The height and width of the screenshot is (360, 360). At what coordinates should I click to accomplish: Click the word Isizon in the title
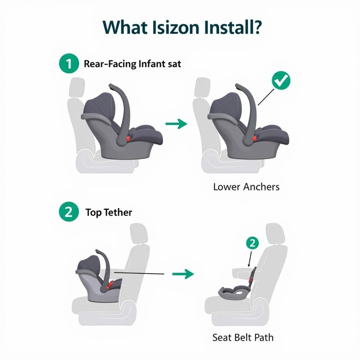(175, 27)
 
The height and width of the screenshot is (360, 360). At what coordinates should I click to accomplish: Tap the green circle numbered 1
(69, 63)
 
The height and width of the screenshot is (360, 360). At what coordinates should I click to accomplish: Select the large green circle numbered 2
(69, 212)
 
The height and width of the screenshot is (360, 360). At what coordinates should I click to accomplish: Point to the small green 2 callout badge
(252, 243)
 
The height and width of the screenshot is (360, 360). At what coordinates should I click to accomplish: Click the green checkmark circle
(281, 81)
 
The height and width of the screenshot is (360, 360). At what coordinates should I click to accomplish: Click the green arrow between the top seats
(176, 124)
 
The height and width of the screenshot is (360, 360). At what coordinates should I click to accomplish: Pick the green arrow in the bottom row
(183, 274)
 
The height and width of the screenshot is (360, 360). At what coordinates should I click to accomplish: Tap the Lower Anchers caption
(246, 187)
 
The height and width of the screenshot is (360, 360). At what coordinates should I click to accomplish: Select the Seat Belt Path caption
(243, 337)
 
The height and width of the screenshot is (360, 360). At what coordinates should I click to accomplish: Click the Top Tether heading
(109, 212)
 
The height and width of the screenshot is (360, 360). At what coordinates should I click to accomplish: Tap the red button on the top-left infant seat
(128, 139)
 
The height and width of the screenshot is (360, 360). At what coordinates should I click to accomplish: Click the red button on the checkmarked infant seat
(255, 138)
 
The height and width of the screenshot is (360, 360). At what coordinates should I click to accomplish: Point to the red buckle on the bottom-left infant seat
(110, 285)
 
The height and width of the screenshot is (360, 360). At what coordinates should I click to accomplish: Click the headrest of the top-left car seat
(77, 88)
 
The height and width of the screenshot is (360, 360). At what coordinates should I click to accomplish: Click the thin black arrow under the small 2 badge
(250, 259)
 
